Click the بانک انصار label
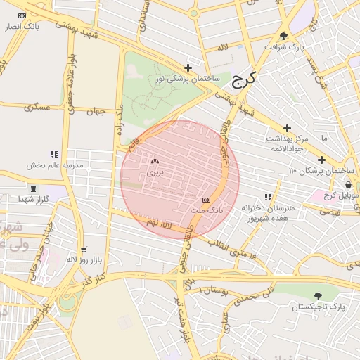click(x=21, y=26)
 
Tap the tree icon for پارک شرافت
click(x=283, y=36)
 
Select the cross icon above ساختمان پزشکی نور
click(x=188, y=67)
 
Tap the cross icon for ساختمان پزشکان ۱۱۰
click(x=321, y=160)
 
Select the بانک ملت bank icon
click(x=205, y=200)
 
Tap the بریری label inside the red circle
click(x=154, y=172)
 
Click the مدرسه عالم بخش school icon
click(x=54, y=154)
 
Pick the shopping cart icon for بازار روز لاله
click(x=84, y=250)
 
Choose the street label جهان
click(x=95, y=111)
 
